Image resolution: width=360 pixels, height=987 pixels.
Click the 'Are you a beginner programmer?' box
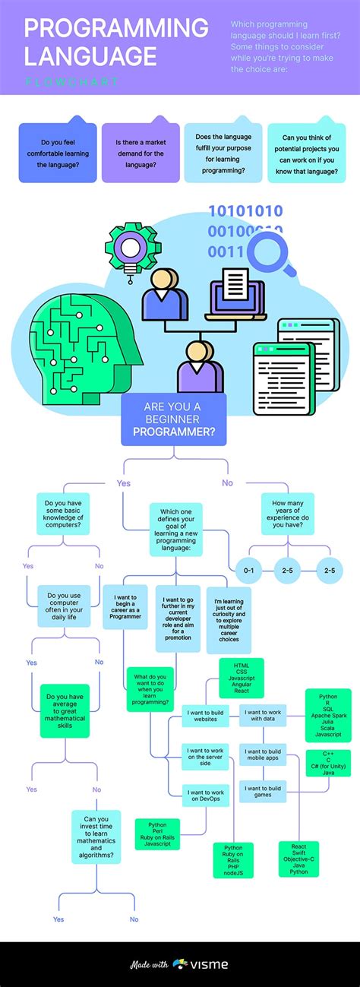173,419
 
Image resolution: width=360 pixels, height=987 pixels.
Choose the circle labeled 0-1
248,570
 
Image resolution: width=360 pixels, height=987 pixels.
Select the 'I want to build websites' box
206,717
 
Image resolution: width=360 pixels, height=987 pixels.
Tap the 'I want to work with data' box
263,717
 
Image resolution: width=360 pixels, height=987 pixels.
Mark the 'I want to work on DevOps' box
206,796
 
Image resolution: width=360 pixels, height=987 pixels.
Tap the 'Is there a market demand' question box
141,153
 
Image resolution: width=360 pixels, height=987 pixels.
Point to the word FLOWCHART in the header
71,81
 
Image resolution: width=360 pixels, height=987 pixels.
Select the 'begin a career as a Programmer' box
125,606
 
